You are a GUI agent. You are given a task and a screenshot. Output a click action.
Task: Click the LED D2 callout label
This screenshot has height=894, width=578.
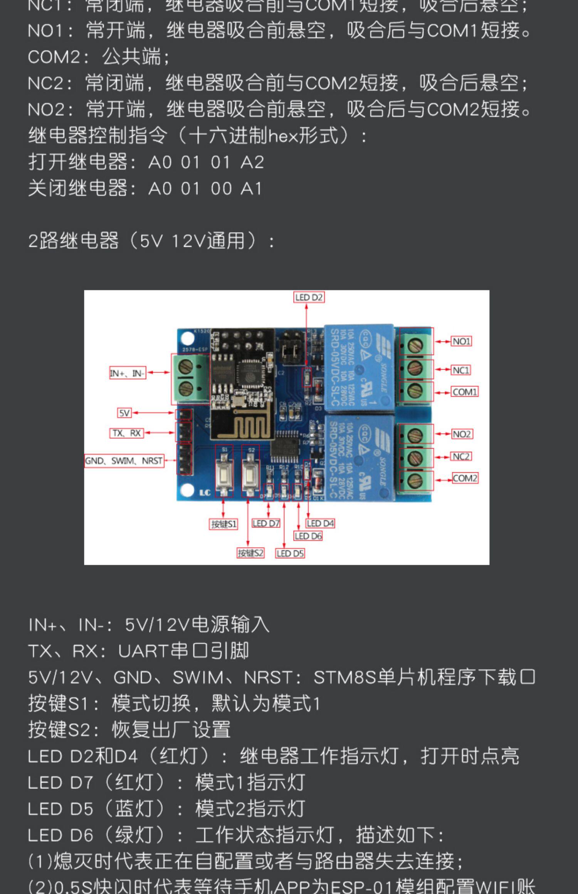(x=309, y=297)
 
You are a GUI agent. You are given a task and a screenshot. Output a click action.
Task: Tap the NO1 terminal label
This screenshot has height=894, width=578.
(x=461, y=342)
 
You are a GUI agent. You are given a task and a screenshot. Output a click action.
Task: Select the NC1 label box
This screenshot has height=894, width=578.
(x=460, y=370)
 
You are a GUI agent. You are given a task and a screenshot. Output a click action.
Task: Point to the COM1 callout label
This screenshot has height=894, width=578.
(x=465, y=392)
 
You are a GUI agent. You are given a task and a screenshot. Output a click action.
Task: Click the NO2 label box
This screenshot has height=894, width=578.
(x=461, y=434)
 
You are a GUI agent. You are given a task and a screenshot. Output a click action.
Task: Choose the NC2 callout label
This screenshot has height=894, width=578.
(x=460, y=457)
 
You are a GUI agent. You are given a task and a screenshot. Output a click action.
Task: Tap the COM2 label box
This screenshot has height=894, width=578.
(x=465, y=478)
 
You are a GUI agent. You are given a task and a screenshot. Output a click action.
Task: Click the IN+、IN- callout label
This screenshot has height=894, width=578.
(x=128, y=373)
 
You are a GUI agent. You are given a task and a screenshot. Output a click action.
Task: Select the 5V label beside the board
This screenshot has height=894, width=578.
(x=124, y=413)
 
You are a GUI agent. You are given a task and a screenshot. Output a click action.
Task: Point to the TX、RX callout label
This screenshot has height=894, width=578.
(x=126, y=433)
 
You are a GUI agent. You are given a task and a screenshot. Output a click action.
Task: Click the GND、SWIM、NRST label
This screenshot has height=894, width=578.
(x=124, y=461)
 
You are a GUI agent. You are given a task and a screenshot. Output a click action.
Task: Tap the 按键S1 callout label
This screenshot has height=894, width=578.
(x=223, y=524)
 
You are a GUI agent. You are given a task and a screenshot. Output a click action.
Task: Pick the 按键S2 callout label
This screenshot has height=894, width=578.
(x=250, y=553)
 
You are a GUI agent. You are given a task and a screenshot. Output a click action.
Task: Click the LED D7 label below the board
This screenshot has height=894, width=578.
(x=266, y=523)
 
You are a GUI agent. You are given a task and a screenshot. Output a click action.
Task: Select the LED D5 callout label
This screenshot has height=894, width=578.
(x=290, y=554)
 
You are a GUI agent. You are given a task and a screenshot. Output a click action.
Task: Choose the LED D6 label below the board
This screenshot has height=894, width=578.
(x=308, y=536)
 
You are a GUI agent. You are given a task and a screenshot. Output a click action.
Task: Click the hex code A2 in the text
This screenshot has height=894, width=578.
(x=252, y=162)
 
